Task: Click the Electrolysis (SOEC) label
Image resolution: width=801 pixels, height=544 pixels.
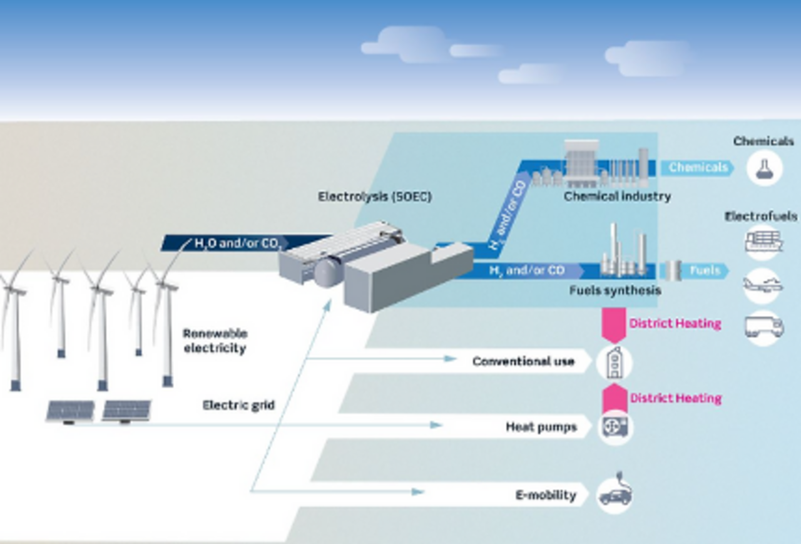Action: tap(375, 197)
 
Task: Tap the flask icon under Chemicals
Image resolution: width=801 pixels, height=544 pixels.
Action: tap(765, 169)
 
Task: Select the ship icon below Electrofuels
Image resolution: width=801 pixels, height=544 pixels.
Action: tap(763, 242)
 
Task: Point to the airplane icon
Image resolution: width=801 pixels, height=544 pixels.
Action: tap(763, 285)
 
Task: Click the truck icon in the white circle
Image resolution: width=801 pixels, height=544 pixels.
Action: tap(764, 327)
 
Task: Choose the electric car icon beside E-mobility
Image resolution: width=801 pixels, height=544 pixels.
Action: tap(615, 493)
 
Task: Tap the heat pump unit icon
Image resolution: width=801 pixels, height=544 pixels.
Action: tap(615, 427)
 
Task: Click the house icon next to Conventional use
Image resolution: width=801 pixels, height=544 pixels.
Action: tap(615, 362)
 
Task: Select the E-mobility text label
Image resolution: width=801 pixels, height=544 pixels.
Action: tap(546, 495)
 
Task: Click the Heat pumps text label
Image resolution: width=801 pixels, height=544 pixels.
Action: tap(541, 427)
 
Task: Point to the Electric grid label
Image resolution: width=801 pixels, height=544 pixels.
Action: tap(238, 405)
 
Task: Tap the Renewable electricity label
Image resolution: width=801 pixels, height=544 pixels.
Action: tap(215, 341)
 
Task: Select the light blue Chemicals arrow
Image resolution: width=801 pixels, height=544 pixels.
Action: tap(697, 168)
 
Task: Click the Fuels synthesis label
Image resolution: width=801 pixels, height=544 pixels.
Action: tap(615, 290)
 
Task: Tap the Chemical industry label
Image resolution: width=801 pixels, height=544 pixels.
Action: tap(617, 197)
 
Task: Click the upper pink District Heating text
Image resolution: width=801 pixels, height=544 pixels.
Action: tap(675, 324)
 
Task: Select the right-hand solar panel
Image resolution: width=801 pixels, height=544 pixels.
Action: tap(126, 411)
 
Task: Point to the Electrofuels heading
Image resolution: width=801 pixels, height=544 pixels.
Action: tap(761, 217)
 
